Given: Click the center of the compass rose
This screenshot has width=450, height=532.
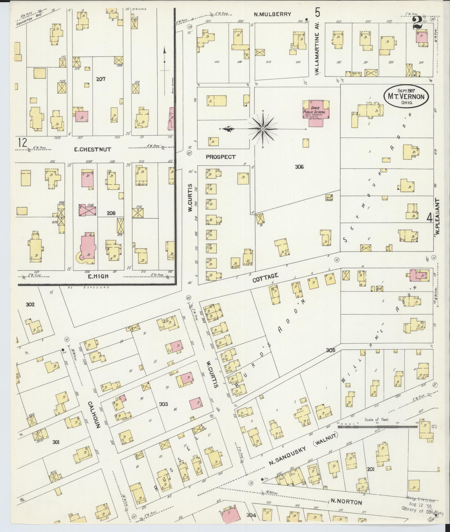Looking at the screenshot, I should [263, 129].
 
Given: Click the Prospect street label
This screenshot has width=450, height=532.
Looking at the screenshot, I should [221, 157].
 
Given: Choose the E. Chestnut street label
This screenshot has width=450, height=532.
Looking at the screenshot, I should [92, 149].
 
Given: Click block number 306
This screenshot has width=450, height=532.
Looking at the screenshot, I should [299, 167].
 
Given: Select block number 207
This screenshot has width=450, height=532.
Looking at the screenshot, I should [101, 79].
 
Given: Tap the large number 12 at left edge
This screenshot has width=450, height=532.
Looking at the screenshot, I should [23, 143].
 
